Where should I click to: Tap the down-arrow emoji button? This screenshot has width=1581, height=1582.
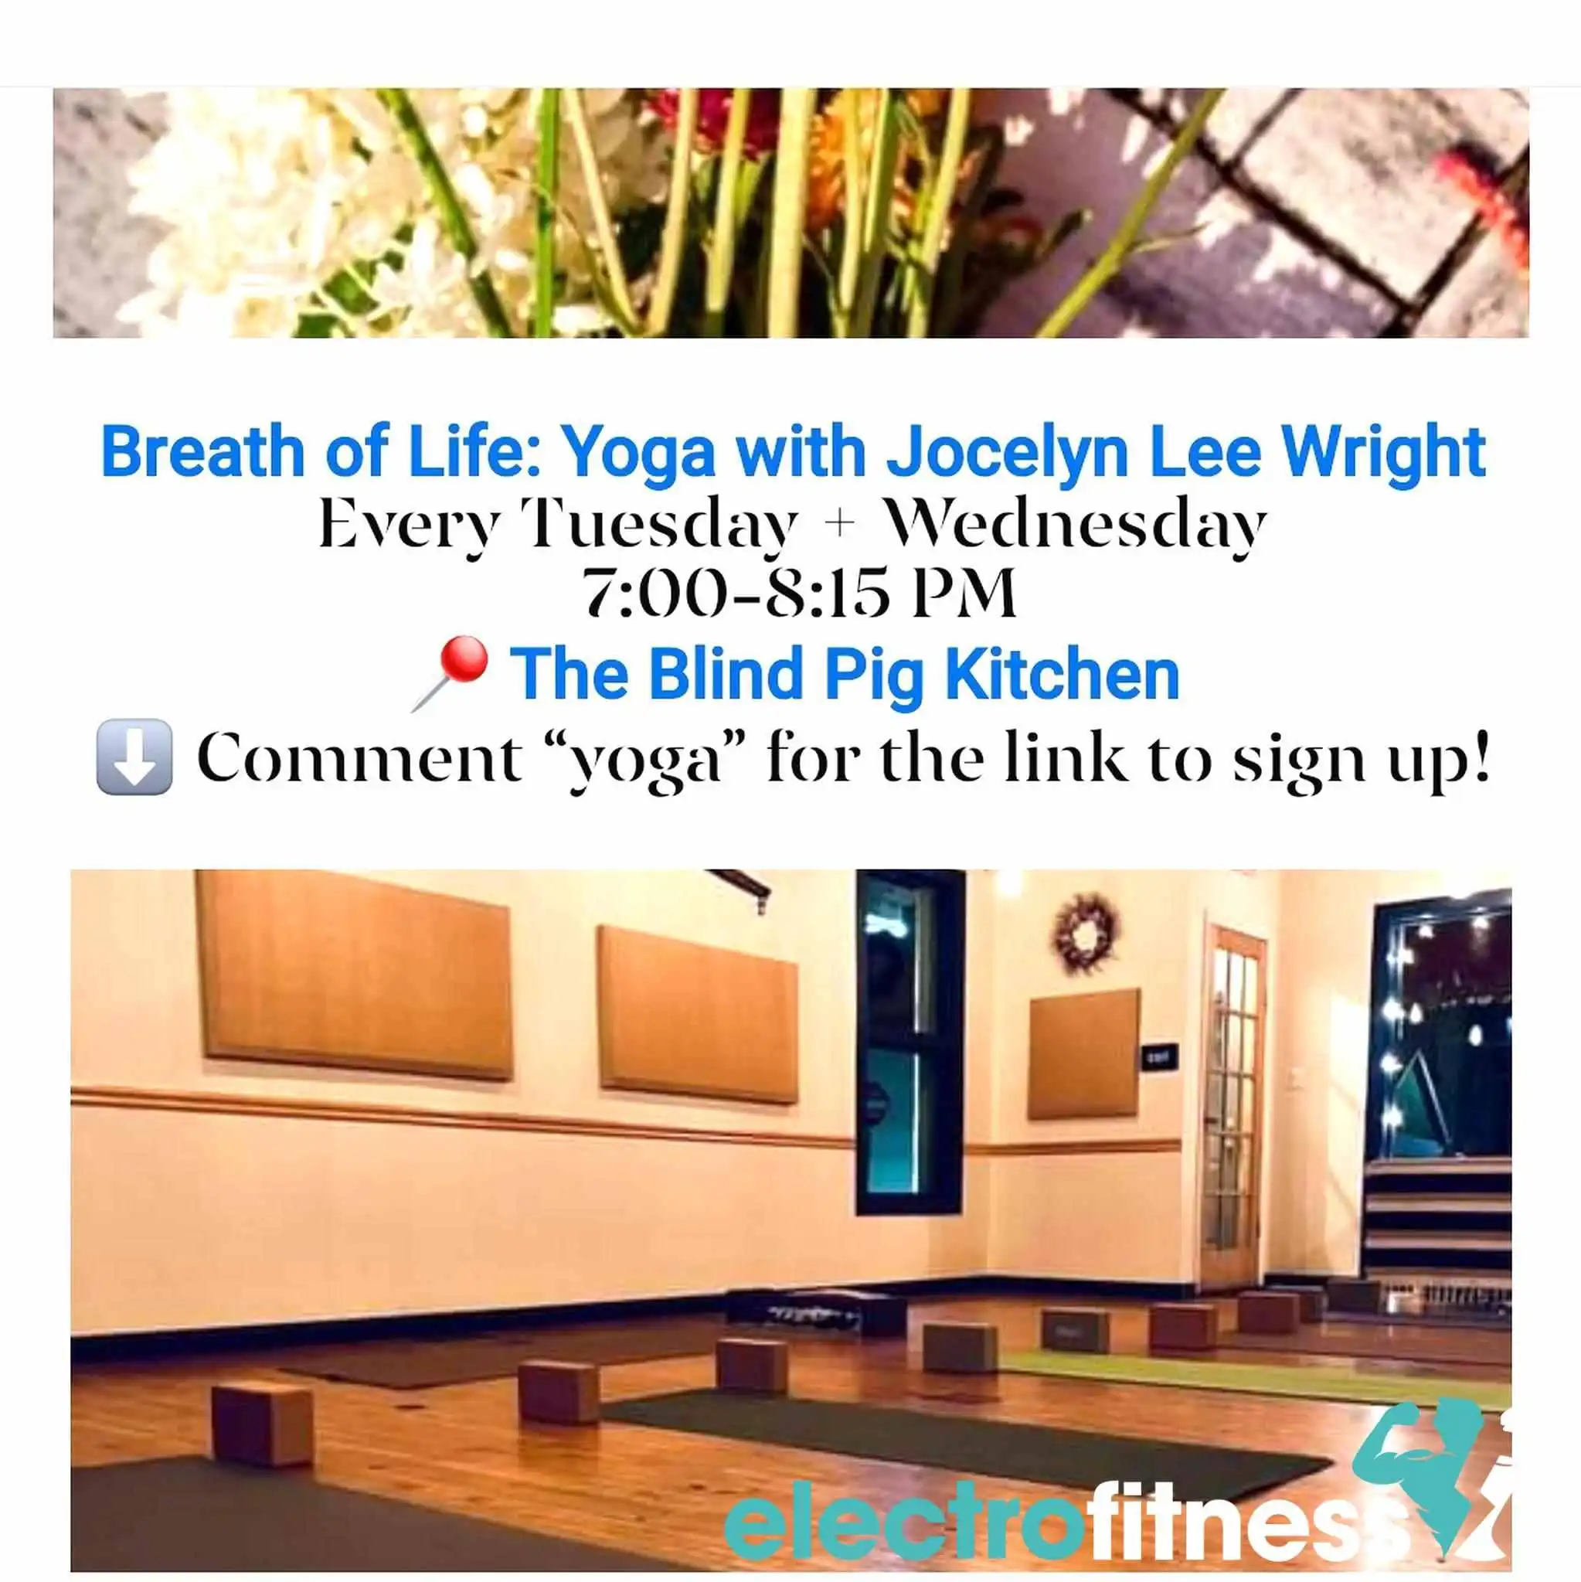[134, 757]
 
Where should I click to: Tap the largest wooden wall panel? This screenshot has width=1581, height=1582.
[355, 975]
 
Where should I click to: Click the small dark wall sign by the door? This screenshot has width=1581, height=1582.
[1160, 1056]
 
